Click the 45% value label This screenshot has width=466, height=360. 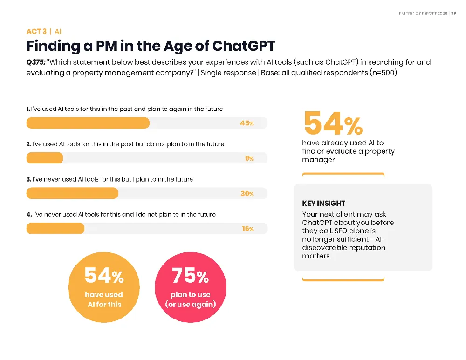click(247, 123)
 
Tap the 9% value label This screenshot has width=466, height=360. click(249, 158)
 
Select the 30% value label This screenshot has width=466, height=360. click(247, 193)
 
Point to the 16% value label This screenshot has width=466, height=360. click(247, 229)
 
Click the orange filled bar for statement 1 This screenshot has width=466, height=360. click(88, 123)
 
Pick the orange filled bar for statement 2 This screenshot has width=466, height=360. click(45, 158)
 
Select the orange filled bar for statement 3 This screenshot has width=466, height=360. click(72, 193)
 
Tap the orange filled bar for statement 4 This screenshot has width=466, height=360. click(55, 228)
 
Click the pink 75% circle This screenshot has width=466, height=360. click(191, 287)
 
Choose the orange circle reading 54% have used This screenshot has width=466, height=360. click(104, 287)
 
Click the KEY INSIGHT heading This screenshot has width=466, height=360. click(324, 203)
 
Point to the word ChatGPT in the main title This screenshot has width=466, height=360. click(244, 46)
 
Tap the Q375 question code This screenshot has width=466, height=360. click(36, 62)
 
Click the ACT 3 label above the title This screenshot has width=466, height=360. click(36, 32)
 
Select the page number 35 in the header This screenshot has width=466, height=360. click(453, 14)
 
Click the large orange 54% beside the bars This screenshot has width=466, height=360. click(334, 123)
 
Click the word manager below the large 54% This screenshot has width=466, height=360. click(318, 160)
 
